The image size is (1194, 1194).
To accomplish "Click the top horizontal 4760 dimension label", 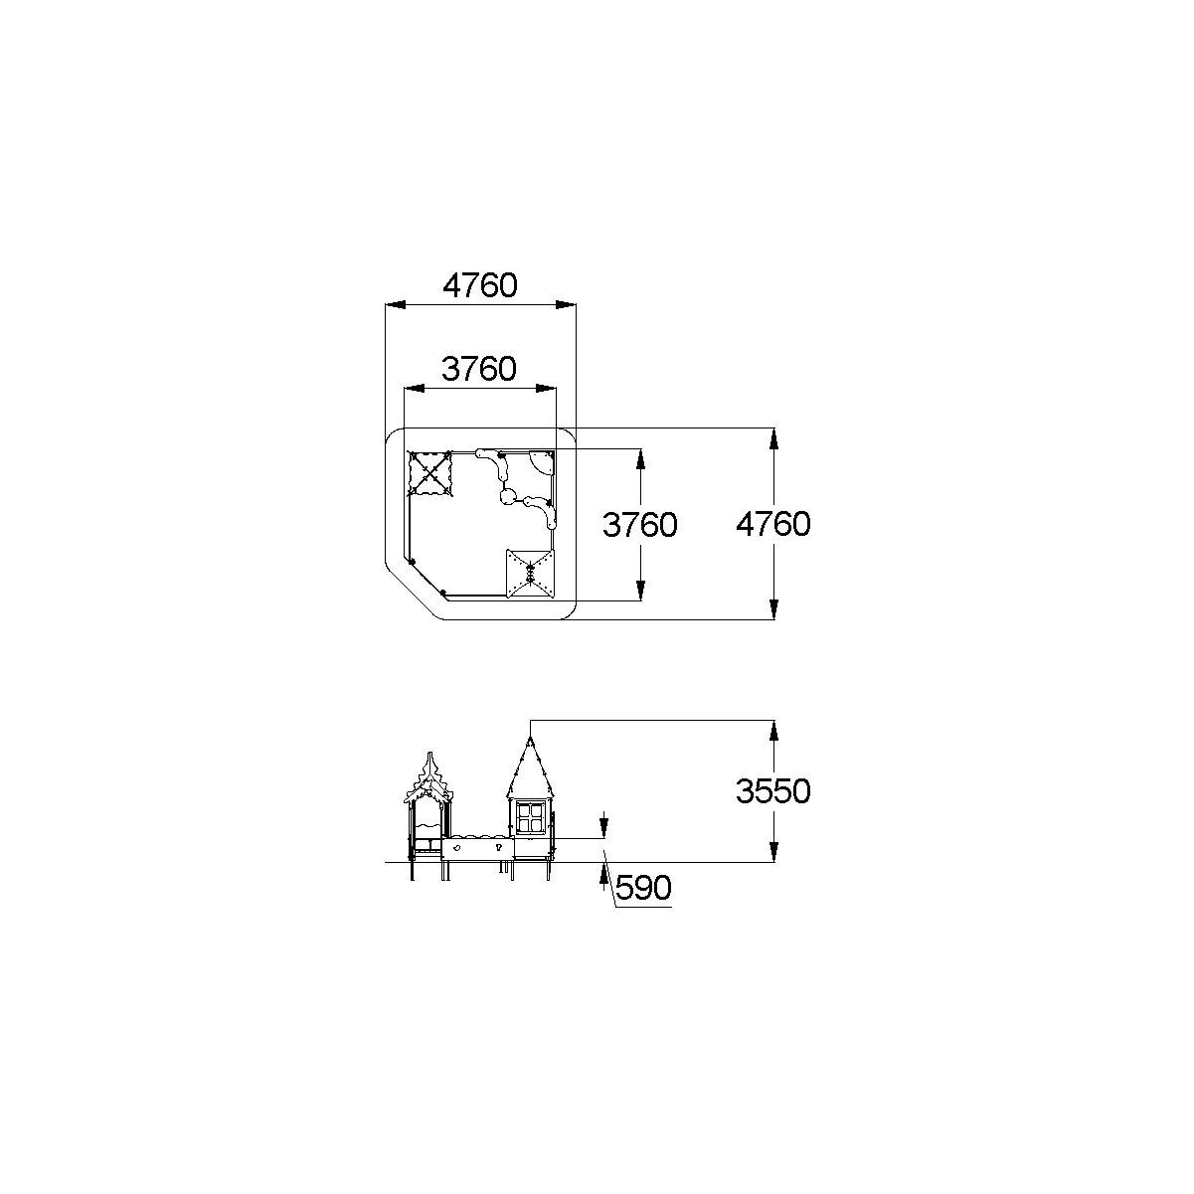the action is click(479, 285).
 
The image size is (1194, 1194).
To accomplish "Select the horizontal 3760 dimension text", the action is click(479, 369).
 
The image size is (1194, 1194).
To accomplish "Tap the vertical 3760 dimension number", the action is click(640, 525).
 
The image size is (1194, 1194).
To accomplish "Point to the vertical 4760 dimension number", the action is click(773, 524).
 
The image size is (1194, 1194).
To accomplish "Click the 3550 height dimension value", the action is click(773, 791).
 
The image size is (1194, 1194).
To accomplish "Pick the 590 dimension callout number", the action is click(644, 888).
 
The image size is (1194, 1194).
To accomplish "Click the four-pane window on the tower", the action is click(531, 818).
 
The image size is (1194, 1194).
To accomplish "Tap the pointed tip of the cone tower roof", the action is click(531, 738).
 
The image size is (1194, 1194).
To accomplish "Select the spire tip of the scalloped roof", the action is click(430, 754).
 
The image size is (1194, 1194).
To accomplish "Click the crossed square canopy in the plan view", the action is click(429, 474).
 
